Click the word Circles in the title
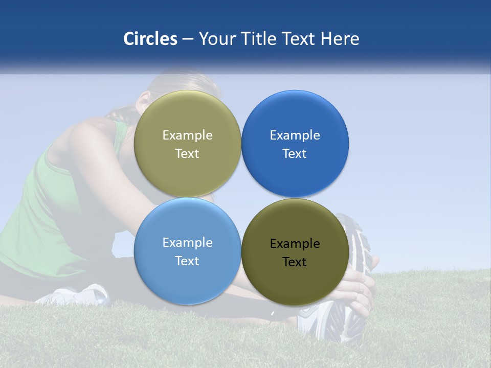[x=150, y=39]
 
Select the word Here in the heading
[x=340, y=39]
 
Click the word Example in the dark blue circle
[x=295, y=135]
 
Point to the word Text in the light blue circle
[x=187, y=261]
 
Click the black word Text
[x=295, y=262]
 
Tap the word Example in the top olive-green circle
[x=187, y=135]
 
